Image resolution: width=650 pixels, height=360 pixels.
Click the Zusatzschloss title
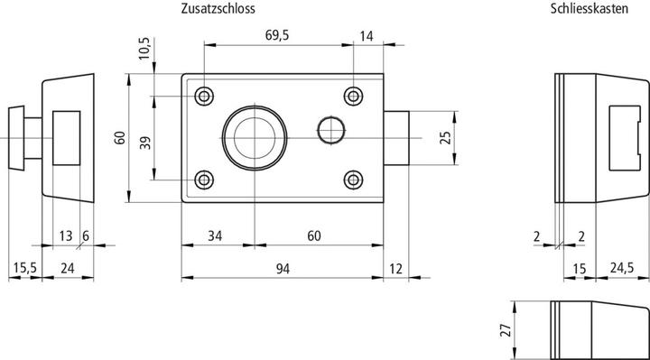[x=218, y=9]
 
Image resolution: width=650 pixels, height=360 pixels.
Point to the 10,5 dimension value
[x=143, y=49]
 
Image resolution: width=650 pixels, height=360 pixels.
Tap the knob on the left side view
[x=17, y=137]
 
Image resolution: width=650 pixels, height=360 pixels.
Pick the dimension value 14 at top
[x=366, y=35]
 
